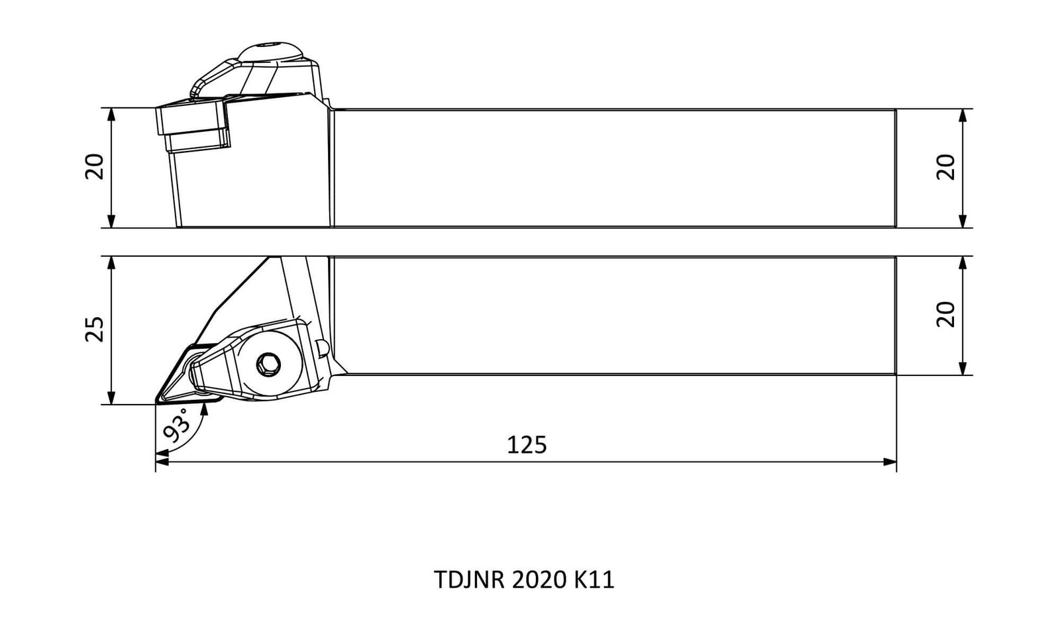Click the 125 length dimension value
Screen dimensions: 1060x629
pos(526,445)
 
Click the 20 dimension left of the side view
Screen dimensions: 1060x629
pos(95,166)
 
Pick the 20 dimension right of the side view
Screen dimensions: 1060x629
pos(946,167)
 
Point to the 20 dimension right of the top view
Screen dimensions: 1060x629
pos(946,314)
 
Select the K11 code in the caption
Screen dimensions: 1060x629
pos(594,580)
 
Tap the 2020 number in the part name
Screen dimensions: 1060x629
pos(539,580)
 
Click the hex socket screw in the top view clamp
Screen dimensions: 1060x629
pos(268,365)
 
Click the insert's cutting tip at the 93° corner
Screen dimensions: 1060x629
pos(156,403)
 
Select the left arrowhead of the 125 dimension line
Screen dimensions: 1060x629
pos(162,462)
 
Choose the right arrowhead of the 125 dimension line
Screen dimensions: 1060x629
pos(890,462)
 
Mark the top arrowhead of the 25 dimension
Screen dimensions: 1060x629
pos(111,263)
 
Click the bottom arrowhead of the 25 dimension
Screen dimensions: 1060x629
pos(111,398)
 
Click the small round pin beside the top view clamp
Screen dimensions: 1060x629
pos(323,348)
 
